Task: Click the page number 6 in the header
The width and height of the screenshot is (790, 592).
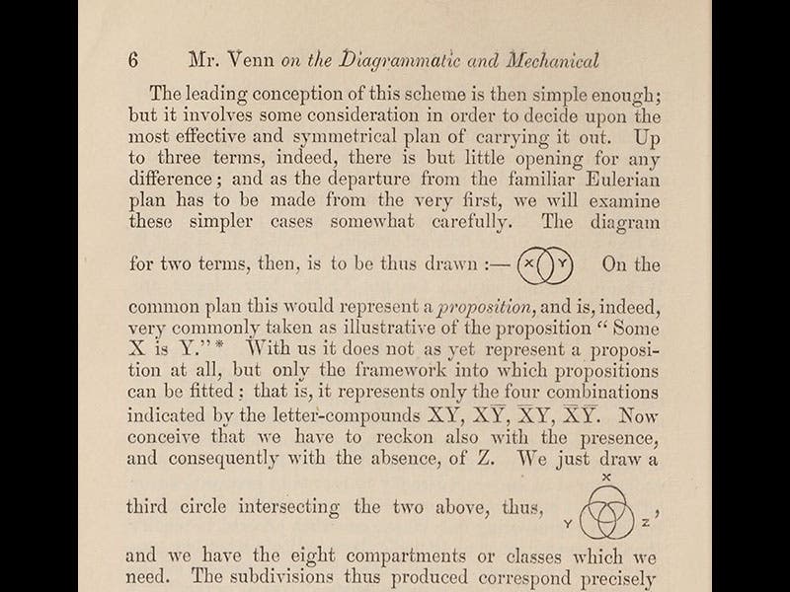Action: click(x=133, y=60)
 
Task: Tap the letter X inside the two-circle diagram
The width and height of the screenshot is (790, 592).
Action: click(x=529, y=264)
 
